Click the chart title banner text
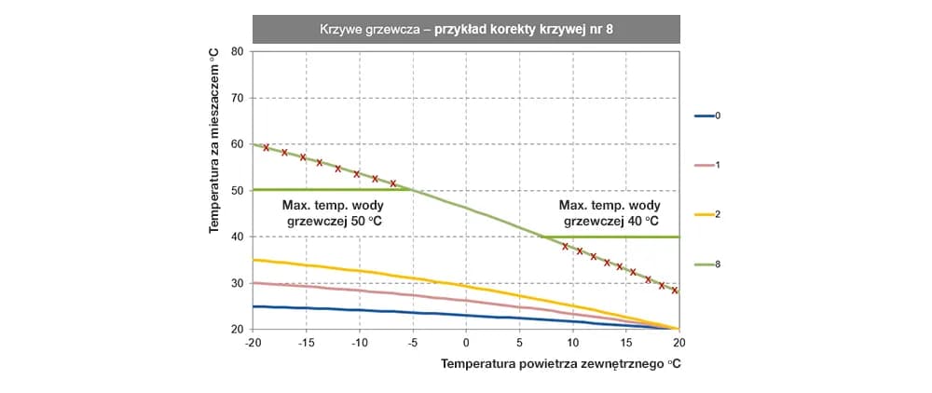pos(466,29)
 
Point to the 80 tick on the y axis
pos(237,52)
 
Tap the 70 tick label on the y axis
pos(237,98)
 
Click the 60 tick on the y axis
pos(237,144)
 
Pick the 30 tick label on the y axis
pos(237,283)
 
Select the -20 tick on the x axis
pos(253,342)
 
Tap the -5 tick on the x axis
pos(413,342)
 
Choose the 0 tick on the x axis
pos(466,342)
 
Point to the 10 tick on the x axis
pos(572,342)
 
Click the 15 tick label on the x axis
pos(625,342)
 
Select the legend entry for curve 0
pos(707,116)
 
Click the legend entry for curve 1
pos(707,165)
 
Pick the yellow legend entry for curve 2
pos(707,214)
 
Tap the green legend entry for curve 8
pos(707,264)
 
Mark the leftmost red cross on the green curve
pos(267,147)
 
